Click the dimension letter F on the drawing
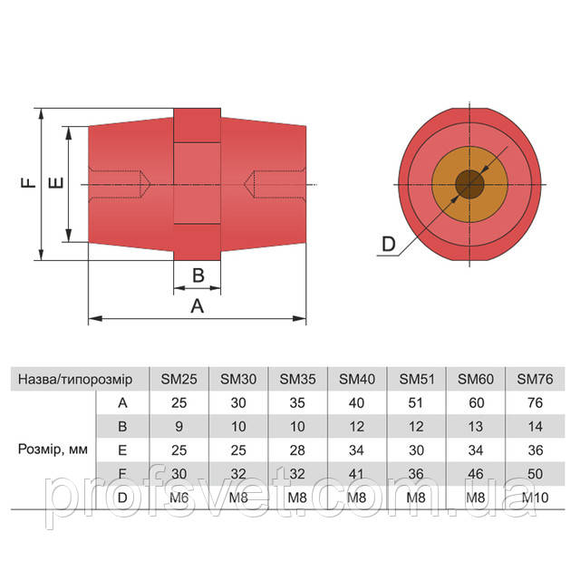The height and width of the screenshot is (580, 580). point(28,182)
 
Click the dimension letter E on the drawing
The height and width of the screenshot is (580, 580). point(56,183)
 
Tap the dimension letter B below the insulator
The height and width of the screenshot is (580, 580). point(198,275)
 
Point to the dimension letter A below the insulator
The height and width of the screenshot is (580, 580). point(198,306)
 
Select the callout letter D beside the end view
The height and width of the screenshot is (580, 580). point(389,244)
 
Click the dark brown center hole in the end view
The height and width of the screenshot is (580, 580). point(469,184)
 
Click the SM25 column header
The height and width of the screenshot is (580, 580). point(179,379)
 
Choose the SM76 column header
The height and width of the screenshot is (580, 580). point(535,379)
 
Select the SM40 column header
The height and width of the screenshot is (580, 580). point(357,379)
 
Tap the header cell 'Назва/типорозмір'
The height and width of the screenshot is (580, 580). point(75,380)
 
